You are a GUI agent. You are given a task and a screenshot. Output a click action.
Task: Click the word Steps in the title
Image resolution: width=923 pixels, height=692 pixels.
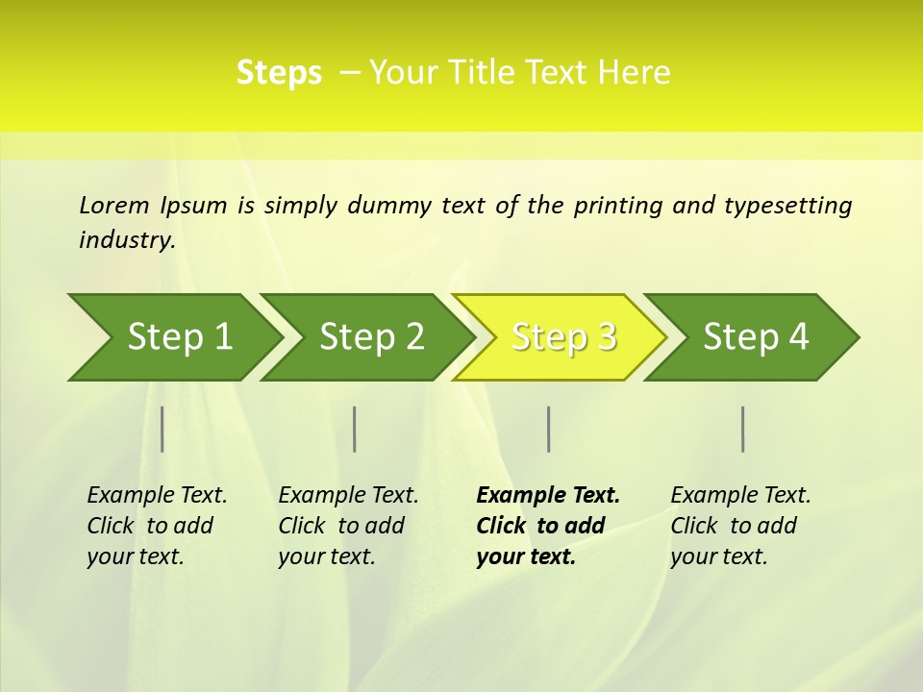click(279, 73)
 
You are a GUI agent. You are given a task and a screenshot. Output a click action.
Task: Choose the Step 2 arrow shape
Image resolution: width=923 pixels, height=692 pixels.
click(371, 337)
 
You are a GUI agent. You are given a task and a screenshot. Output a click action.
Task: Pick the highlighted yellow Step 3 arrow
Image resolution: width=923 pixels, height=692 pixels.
click(563, 337)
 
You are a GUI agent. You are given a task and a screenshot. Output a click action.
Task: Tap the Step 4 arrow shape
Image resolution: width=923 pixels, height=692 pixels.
click(756, 337)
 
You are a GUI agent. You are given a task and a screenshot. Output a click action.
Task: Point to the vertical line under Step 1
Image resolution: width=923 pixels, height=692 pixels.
click(162, 429)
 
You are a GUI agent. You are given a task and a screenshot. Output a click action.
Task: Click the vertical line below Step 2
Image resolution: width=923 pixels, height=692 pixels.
click(355, 429)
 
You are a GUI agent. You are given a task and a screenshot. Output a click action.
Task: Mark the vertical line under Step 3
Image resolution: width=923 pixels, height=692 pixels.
click(548, 429)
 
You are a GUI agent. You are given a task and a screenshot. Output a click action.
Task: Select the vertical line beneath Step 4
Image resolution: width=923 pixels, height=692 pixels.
click(743, 429)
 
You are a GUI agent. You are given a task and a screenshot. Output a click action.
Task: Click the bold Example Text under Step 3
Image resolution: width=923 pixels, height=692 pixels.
click(548, 526)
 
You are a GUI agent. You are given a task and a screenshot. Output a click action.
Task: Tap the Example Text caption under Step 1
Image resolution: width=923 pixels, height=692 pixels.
click(157, 526)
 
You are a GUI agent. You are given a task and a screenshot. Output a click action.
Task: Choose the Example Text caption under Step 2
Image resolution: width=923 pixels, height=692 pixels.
click(348, 526)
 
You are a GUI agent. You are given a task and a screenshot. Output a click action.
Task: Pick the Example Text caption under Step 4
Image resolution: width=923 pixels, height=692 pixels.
click(740, 526)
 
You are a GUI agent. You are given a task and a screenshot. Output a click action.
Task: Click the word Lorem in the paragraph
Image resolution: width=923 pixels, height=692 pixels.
click(114, 206)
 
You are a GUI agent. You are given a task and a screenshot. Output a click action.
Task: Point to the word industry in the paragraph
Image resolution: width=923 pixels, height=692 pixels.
click(127, 240)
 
